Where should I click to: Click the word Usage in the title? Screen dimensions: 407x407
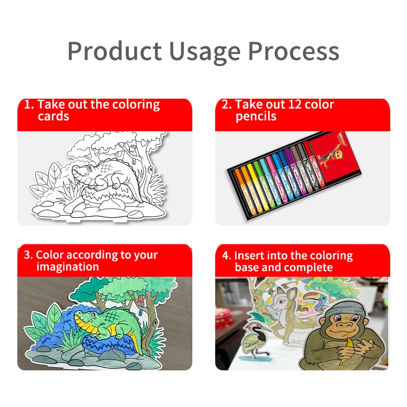[x=205, y=52]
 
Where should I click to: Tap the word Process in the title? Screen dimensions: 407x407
[x=294, y=51]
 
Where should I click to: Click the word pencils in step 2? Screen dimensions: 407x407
[x=256, y=116]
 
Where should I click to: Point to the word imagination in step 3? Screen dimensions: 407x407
[x=68, y=267]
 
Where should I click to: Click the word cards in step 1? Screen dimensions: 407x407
[x=53, y=116]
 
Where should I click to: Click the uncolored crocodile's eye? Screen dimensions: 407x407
[x=90, y=168]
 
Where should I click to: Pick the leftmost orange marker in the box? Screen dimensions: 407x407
[x=243, y=193]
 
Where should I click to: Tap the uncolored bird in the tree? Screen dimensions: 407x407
[x=133, y=149]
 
